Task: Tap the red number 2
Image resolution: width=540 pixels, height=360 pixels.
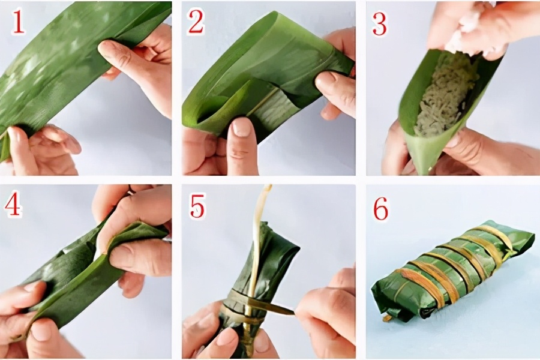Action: click(x=196, y=22)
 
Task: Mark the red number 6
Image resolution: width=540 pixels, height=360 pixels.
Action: click(x=380, y=208)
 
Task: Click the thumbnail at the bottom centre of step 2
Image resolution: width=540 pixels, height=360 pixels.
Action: click(x=242, y=127)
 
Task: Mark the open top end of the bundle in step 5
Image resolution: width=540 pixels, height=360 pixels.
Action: click(x=282, y=246)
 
